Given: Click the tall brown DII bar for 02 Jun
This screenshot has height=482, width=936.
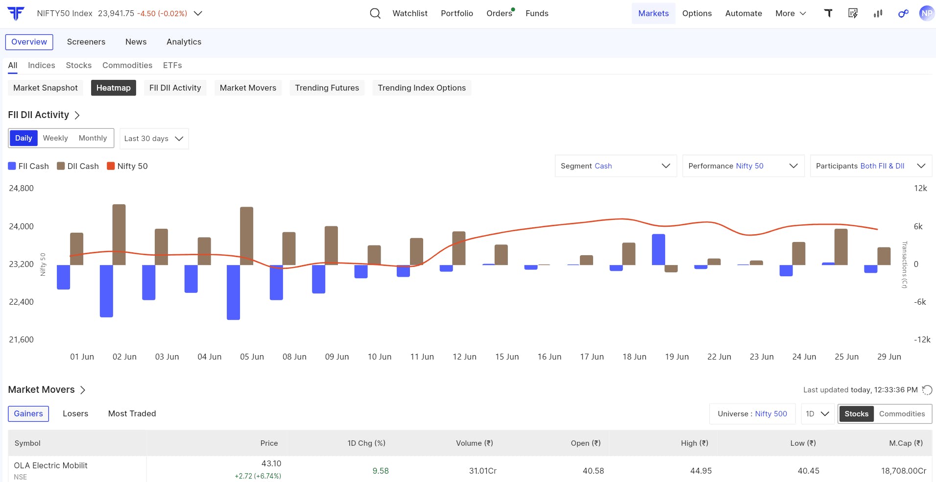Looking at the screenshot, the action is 119,235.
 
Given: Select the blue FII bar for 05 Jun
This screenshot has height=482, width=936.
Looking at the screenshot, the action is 234,292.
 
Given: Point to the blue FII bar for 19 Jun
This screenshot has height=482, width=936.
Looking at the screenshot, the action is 658,250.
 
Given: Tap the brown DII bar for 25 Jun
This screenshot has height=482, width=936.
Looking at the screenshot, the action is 841,247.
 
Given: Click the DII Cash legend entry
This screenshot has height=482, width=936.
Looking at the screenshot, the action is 78,166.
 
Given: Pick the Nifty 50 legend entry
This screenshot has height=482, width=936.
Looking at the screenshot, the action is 127,166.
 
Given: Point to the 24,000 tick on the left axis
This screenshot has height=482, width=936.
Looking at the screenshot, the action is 22,226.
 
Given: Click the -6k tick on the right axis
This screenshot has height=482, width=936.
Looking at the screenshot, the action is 920,302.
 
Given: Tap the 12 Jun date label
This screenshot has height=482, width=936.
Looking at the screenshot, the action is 464,357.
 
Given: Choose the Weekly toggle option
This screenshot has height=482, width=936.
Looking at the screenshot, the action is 55,138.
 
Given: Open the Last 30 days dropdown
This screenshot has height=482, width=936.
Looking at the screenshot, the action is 154,139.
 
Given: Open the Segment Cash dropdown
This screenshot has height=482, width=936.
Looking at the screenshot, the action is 616,166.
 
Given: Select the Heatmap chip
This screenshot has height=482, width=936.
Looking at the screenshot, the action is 114,88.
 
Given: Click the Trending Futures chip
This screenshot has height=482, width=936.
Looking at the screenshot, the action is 327,88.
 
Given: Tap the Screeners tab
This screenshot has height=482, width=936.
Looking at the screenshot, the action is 86,42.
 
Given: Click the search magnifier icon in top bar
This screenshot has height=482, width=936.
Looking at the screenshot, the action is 375,13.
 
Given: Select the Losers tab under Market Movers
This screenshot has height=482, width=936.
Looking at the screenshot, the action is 75,413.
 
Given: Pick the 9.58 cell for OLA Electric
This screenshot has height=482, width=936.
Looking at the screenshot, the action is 381,471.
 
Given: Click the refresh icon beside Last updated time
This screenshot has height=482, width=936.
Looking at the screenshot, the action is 927,390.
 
